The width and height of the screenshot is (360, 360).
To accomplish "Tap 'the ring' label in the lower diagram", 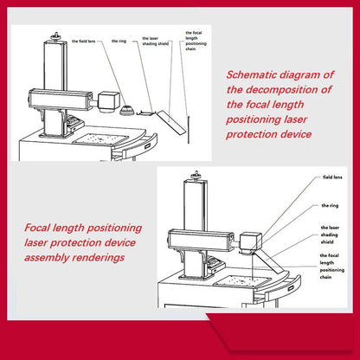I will point(330,206).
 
